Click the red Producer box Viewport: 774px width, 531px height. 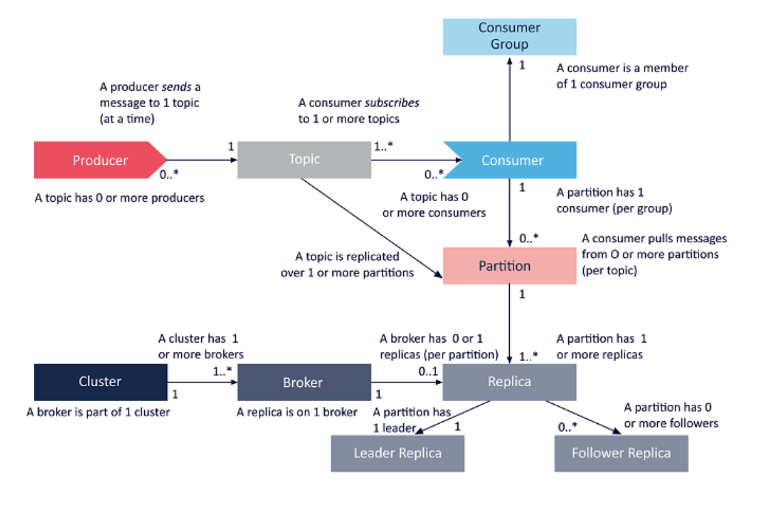[x=97, y=160]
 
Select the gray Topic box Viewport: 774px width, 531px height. [x=304, y=160]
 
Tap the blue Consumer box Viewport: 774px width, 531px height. [x=512, y=160]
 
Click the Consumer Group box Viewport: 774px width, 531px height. [x=509, y=36]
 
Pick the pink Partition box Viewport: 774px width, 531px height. [x=509, y=265]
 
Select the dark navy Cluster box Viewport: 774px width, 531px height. [x=100, y=382]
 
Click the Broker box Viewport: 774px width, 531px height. [x=303, y=382]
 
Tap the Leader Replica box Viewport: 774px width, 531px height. [x=397, y=453]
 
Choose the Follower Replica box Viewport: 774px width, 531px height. [x=621, y=453]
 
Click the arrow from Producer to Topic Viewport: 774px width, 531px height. [x=201, y=159]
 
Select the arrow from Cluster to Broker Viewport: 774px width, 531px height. [x=202, y=382]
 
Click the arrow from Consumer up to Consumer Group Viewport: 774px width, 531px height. [x=510, y=97]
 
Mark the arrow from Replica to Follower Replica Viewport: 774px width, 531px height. [x=581, y=416]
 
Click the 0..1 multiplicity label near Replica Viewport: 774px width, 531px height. [x=428, y=372]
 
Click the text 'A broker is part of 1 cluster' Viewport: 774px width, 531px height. [x=98, y=412]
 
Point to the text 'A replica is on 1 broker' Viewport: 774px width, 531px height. [x=297, y=412]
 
